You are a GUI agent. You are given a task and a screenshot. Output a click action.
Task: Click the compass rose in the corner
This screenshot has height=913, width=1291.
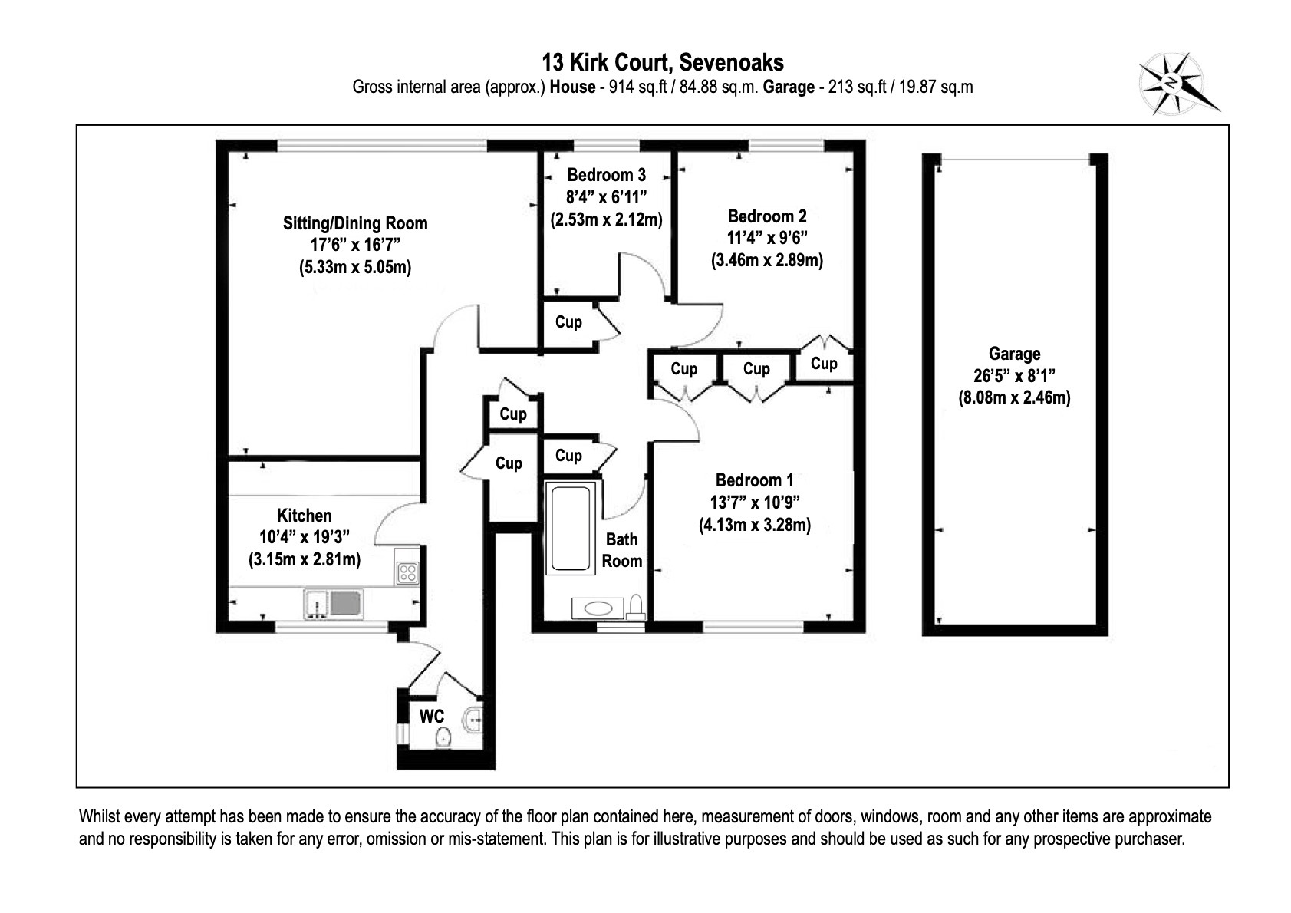(1172, 84)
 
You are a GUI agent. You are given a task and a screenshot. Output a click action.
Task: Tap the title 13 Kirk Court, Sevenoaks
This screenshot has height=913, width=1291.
(663, 61)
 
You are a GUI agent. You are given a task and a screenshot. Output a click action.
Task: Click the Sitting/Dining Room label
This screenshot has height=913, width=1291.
(355, 223)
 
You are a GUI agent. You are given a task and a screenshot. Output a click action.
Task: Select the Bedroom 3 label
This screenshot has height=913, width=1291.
(606, 175)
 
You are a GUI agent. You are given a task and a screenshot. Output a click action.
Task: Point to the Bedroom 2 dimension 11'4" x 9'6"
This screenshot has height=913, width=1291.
(767, 238)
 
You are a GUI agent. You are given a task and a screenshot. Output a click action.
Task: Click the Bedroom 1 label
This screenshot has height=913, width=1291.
(754, 480)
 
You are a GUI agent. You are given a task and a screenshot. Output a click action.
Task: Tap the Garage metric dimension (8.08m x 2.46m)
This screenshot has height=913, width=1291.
(1014, 397)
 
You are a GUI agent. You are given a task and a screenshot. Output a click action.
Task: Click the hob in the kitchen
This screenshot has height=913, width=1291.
(407, 572)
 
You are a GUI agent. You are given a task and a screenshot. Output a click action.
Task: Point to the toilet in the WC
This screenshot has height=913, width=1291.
(443, 738)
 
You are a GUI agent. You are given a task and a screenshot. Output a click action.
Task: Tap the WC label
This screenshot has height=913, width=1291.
(432, 717)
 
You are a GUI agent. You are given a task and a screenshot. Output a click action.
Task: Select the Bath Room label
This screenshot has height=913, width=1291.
(621, 550)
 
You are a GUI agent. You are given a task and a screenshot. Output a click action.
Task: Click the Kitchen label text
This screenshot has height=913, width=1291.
(305, 516)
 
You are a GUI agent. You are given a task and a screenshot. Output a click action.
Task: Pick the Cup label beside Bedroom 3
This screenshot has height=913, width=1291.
(568, 322)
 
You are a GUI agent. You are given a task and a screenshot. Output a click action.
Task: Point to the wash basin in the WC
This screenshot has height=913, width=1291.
(473, 719)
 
